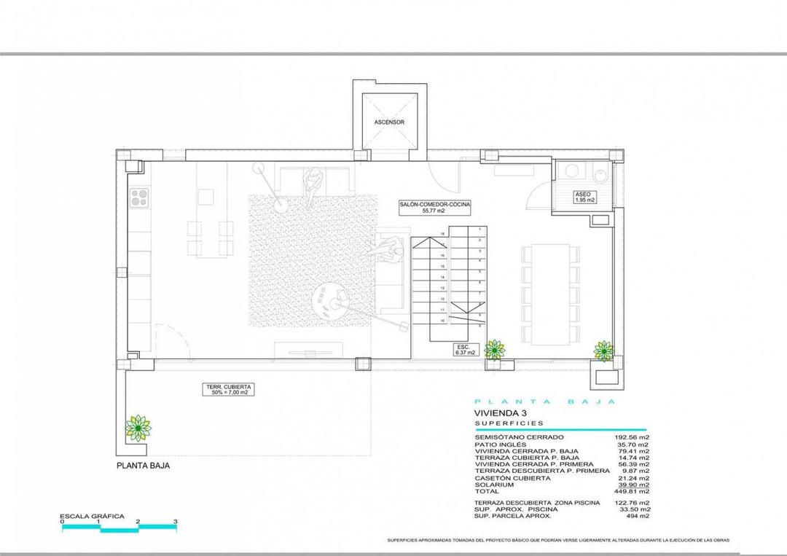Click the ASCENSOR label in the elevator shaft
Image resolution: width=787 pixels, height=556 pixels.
coord(389,122)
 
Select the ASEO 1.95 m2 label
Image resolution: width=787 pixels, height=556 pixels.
coord(584,197)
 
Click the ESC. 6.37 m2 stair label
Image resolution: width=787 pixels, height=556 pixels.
coord(464,349)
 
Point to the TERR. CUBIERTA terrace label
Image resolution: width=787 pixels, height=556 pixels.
coord(228,389)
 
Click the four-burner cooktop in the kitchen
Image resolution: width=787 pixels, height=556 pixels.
coord(139,197)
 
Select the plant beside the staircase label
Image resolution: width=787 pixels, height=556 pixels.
coord(495,350)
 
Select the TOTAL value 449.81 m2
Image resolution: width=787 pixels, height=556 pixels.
coord(633,491)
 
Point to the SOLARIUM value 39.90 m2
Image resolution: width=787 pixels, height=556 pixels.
coord(633,485)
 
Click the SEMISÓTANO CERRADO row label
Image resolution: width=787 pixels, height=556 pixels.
coord(519,437)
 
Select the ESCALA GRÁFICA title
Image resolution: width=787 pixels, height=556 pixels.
coord(92,516)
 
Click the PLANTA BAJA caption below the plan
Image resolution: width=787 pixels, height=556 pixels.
coord(144,465)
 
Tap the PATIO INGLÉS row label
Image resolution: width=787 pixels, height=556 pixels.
coord(500,445)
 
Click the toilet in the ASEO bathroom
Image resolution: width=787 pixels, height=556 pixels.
coord(600,175)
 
